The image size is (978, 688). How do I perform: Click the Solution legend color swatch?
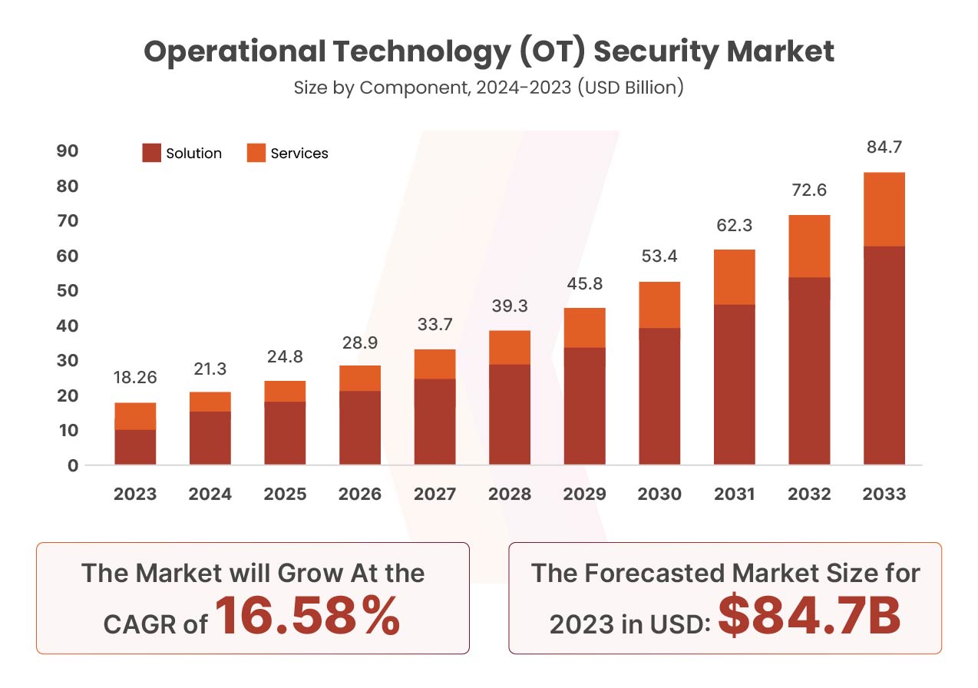click(x=151, y=153)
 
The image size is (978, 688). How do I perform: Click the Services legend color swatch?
click(x=256, y=153)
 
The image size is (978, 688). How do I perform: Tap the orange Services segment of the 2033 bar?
click(x=884, y=209)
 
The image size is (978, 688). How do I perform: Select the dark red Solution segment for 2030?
click(x=659, y=395)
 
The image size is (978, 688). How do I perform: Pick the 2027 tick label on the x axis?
click(x=435, y=494)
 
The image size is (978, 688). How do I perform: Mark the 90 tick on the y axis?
click(x=68, y=151)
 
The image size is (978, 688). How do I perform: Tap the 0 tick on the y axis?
click(x=72, y=465)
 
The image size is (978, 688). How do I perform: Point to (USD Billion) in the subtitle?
click(x=629, y=88)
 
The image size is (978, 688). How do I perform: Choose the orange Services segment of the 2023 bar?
click(x=135, y=415)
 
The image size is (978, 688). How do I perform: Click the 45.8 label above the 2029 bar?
click(x=584, y=283)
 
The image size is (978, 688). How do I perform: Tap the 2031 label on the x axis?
click(x=735, y=494)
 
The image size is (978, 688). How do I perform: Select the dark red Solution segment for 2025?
click(x=285, y=432)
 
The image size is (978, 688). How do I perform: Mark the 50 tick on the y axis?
click(x=68, y=291)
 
